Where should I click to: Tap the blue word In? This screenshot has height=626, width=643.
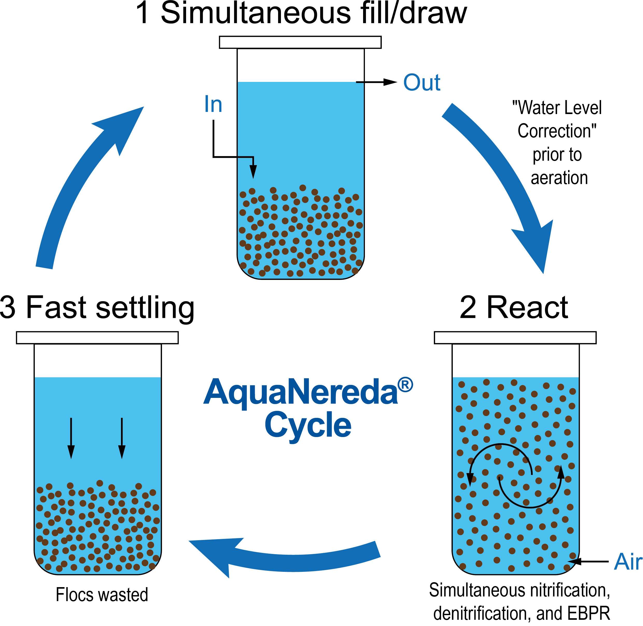(x=213, y=104)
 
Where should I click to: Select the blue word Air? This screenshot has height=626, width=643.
(x=628, y=561)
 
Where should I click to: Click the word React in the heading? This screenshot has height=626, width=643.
(x=528, y=307)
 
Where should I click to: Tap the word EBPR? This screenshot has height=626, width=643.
(x=588, y=614)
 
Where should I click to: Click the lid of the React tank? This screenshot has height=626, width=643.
(x=515, y=338)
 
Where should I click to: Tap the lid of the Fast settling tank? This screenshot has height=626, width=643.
(x=97, y=338)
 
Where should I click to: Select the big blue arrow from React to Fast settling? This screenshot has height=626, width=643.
(x=283, y=556)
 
